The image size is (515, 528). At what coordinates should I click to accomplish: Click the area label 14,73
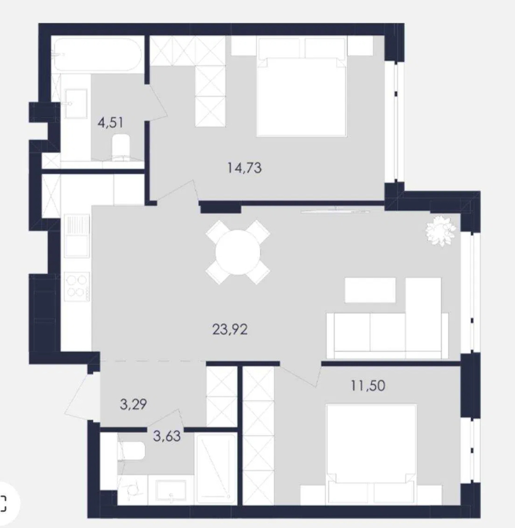tap(245, 168)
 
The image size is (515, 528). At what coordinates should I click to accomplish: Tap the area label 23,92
tap(230, 330)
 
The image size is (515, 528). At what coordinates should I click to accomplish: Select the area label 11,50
tap(368, 385)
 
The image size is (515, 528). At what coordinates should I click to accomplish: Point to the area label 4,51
tap(111, 122)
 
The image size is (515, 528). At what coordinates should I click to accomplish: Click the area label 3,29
tap(133, 404)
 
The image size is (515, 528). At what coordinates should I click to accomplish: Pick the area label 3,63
tap(167, 436)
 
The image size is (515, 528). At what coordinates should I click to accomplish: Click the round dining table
tap(238, 252)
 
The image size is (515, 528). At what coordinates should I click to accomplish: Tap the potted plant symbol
tap(440, 231)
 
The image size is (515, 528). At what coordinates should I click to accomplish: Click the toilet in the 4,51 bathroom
tap(121, 147)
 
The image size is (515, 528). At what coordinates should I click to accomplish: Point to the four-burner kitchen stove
tap(77, 286)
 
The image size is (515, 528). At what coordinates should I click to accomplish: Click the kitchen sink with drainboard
tap(77, 236)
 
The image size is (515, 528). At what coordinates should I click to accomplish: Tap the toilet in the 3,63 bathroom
tap(131, 451)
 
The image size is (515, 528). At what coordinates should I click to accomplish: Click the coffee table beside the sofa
tap(370, 290)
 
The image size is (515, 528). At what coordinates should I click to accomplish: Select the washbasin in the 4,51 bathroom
tap(76, 103)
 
